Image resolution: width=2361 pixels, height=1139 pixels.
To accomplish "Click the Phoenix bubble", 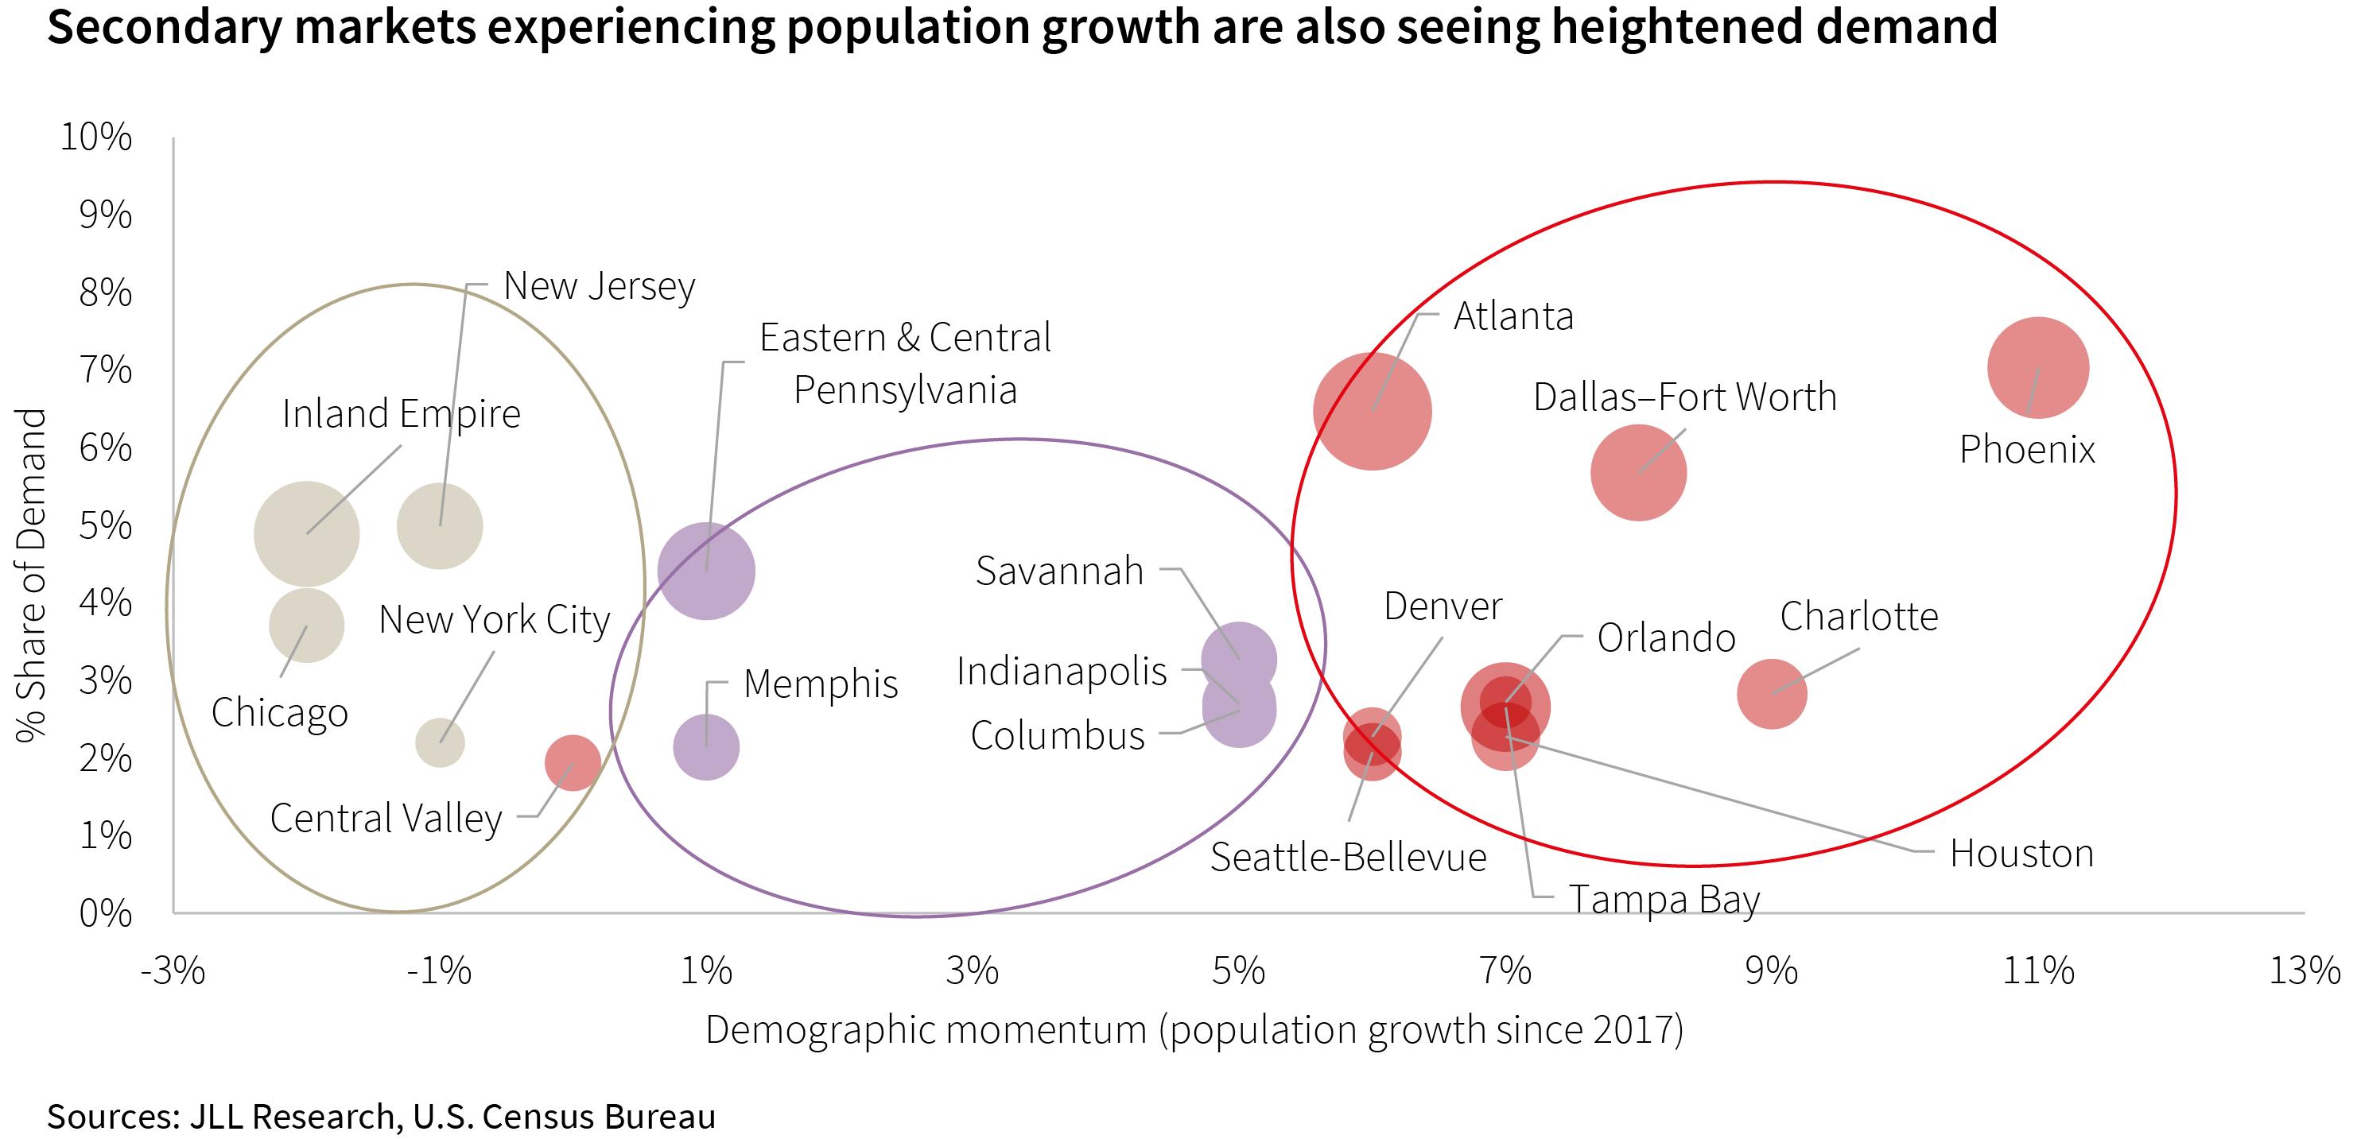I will (2037, 367).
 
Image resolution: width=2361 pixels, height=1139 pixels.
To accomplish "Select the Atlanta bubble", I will (1372, 412).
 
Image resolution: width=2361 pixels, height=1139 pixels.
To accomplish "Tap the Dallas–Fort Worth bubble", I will (1638, 473).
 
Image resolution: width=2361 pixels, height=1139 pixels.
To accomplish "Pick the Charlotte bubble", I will (1772, 694).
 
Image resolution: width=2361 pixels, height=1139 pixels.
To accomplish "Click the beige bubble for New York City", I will (440, 742).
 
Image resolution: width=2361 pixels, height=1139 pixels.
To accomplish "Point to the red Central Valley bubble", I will (573, 762).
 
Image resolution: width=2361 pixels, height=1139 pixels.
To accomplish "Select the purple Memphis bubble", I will (705, 747).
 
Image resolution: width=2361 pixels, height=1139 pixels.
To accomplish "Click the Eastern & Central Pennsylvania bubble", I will (705, 571).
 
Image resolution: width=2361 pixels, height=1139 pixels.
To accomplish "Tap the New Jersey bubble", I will (440, 526).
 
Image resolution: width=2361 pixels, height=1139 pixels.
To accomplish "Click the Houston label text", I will (2021, 854).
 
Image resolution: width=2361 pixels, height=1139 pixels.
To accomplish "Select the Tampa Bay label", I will (1664, 900).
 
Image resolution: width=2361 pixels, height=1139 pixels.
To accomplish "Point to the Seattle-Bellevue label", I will (1347, 858).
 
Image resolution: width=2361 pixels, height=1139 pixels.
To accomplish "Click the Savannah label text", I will (1059, 571).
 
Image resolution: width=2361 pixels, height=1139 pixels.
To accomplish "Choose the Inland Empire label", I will (401, 414).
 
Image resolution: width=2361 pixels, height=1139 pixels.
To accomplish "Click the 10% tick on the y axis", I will (96, 138).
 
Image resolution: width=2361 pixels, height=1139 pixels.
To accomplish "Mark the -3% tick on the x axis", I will (173, 970).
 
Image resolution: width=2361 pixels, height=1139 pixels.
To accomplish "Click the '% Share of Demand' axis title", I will (32, 575).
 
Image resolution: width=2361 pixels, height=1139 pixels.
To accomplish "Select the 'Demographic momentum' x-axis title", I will (1194, 1030).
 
